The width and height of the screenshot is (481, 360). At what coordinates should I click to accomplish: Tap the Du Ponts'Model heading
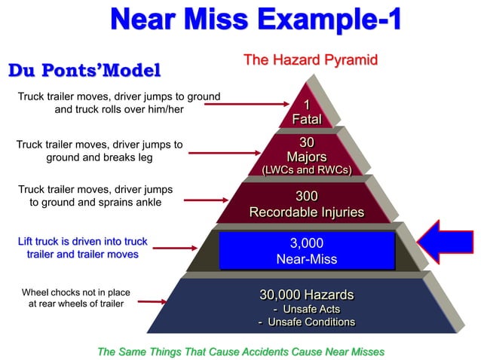(84, 71)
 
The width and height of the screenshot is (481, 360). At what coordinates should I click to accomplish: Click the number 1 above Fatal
(307, 105)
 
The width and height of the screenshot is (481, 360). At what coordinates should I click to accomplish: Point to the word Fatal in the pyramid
(307, 119)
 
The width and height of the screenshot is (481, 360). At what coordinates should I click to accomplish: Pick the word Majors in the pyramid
(307, 157)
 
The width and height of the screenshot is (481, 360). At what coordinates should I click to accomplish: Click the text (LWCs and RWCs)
(307, 170)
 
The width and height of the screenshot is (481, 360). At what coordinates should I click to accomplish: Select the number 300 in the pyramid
(307, 197)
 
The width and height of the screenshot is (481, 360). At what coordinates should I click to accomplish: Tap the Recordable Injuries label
(307, 212)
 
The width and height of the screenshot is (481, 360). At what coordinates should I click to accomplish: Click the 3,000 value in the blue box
(307, 243)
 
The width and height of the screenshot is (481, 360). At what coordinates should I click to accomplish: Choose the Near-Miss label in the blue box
(307, 259)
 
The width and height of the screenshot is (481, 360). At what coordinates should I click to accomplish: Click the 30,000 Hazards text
(307, 294)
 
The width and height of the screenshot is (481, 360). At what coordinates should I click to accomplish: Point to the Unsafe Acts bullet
(307, 309)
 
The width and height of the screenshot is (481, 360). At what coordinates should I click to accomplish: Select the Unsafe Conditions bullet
(307, 322)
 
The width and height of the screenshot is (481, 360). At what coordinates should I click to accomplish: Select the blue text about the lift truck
(83, 248)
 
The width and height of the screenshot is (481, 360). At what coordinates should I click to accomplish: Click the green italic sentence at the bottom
(241, 351)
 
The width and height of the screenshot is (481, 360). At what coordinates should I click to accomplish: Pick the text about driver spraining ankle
(95, 195)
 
